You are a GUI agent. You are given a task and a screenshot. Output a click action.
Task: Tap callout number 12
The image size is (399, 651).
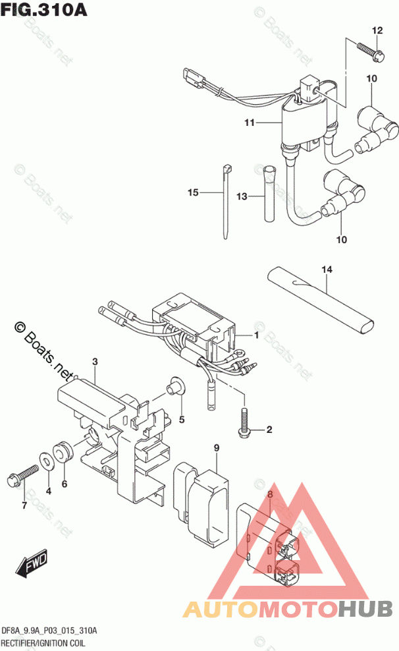point(377,30)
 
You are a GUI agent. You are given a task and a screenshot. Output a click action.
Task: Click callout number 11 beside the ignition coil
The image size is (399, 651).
point(249,123)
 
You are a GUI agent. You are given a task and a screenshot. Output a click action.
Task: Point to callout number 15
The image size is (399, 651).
point(193,192)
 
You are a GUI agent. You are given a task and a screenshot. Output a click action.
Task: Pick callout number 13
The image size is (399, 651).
point(242,196)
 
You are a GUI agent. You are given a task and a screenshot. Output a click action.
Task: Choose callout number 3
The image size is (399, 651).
point(95,362)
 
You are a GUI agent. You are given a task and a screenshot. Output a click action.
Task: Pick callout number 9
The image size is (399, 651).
point(215,449)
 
